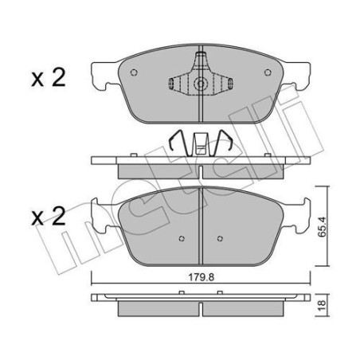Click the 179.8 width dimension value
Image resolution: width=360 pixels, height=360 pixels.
coord(201,277)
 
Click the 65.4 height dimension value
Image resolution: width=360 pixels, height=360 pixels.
coord(322,226)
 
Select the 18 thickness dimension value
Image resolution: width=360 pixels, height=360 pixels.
coord(322,306)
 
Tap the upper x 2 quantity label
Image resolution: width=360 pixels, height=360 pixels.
coord(49,77)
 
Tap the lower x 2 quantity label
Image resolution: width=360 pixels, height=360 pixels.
coord(49,217)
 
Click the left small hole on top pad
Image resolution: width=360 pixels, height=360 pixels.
coord(134,72)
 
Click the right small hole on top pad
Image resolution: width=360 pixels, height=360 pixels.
coord(268,72)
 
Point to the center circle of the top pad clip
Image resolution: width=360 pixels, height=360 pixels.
coord(201,84)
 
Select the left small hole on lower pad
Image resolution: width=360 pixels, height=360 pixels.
coord(182,238)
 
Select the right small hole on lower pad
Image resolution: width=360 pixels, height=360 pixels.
coord(220,238)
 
